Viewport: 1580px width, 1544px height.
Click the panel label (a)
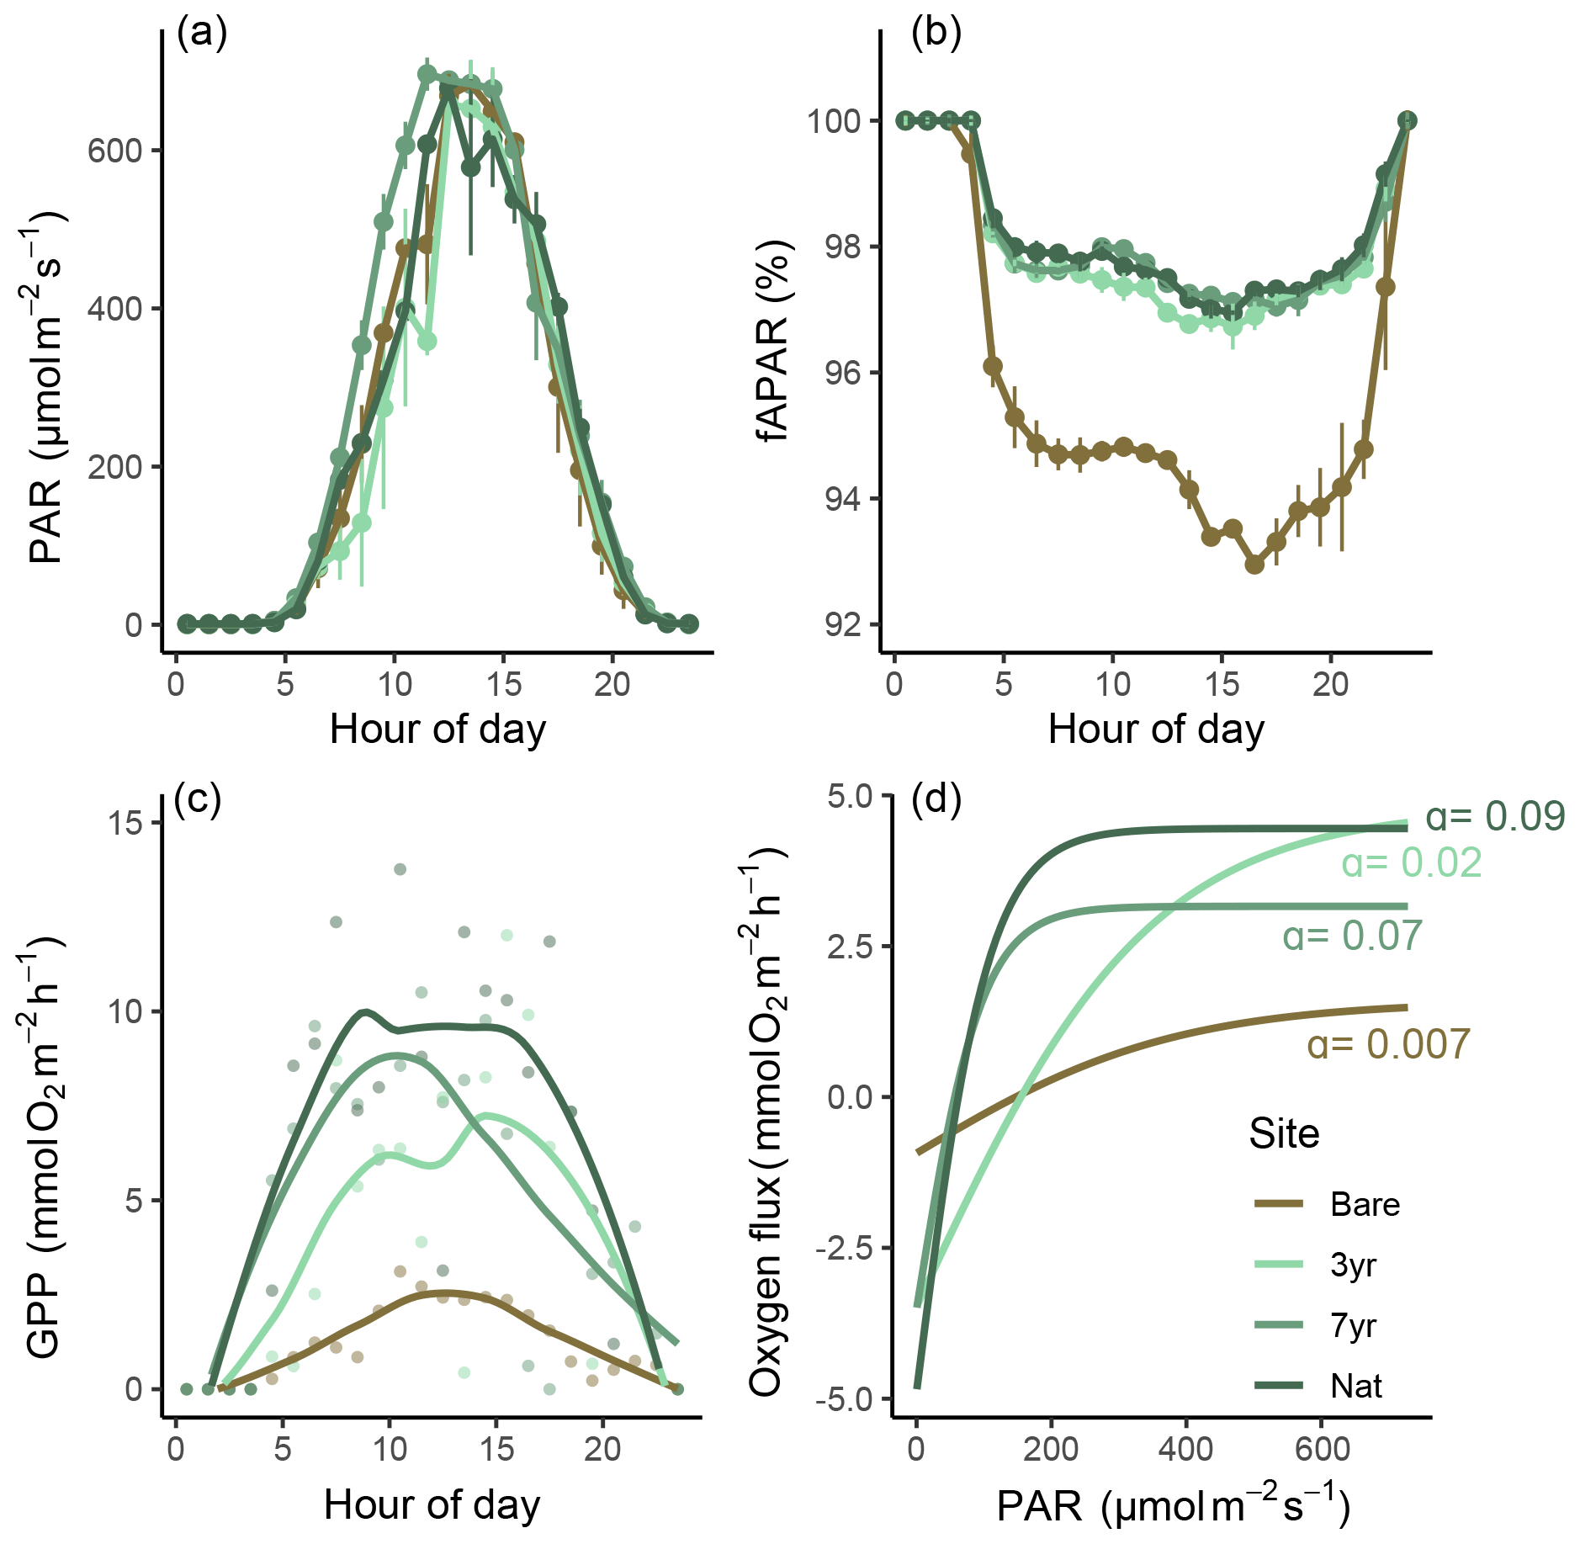[x=202, y=34]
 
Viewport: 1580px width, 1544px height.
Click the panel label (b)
[x=936, y=34]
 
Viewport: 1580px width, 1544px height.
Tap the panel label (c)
[x=197, y=799]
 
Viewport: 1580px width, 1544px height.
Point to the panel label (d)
[x=936, y=799]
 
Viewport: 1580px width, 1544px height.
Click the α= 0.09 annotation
[x=1495, y=816]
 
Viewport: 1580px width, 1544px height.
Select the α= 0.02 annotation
[x=1411, y=863]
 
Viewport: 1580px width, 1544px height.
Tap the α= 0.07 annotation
[x=1352, y=936]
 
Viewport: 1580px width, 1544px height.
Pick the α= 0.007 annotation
[x=1388, y=1044]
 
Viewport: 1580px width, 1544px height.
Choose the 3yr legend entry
[x=1353, y=1265]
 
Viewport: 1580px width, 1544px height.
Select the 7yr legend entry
[x=1353, y=1326]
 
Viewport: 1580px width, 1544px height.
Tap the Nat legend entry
[x=1356, y=1386]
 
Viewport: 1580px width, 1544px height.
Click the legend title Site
[x=1284, y=1134]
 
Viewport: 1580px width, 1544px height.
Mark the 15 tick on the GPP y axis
[x=125, y=822]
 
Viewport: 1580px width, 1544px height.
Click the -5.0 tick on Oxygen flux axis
[x=850, y=1399]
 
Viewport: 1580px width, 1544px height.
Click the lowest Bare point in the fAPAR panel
[x=1254, y=565]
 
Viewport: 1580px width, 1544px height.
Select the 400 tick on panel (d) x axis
[x=1185, y=1449]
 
